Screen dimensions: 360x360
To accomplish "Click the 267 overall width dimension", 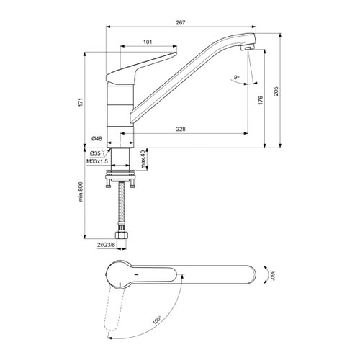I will [180, 23].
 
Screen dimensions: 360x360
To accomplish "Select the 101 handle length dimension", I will [147, 42].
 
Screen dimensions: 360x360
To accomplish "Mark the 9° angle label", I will [236, 76].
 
